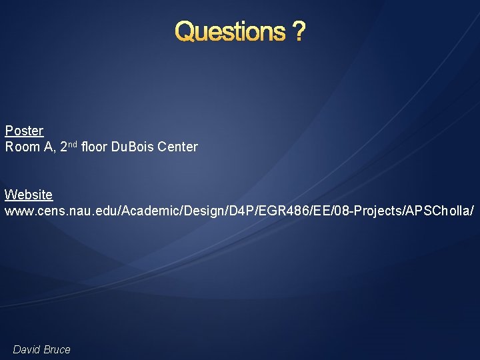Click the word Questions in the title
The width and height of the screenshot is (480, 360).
(x=229, y=31)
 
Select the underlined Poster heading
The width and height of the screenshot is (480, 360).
(x=24, y=131)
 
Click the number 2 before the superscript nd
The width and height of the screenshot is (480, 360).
(x=63, y=147)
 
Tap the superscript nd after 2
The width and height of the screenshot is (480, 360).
(x=73, y=143)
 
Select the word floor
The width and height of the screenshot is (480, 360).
(x=95, y=147)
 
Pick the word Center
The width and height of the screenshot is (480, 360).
(x=178, y=147)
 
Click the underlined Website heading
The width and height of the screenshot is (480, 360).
(x=29, y=195)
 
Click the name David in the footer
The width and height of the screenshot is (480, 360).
(x=27, y=349)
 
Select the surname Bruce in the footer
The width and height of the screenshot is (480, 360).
(x=57, y=349)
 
